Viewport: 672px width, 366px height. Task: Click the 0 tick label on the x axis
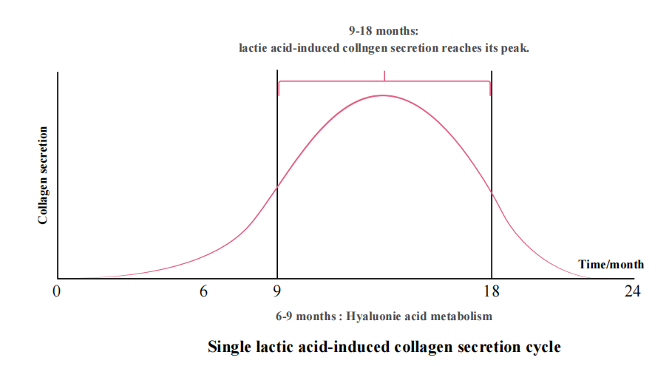56,292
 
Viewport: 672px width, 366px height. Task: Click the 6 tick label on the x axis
203,292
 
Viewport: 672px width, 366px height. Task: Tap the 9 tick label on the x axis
277,292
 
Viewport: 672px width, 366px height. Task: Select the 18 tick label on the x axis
491,292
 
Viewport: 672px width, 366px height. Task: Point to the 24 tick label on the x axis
631,292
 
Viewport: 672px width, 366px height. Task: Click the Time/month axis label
611,265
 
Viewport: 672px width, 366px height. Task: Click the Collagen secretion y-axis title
43,175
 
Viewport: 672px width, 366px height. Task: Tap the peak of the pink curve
383,95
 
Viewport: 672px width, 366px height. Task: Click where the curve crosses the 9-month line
277,187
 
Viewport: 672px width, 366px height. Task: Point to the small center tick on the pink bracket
384,75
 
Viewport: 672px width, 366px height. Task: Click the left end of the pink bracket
279,88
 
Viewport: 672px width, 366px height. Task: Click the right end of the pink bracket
490,88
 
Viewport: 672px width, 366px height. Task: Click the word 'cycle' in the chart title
542,346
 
